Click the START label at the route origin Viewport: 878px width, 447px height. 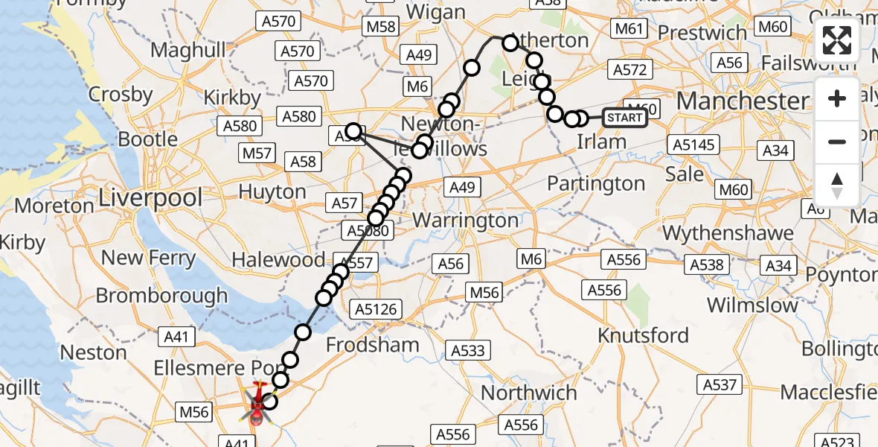point(624,118)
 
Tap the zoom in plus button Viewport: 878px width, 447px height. point(837,99)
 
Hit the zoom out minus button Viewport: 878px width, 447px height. point(837,142)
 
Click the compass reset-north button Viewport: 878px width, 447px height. point(837,185)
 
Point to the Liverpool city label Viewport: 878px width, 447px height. point(150,198)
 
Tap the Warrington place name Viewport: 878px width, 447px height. point(465,221)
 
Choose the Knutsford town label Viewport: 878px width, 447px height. point(644,335)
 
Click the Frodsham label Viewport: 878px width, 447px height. point(372,345)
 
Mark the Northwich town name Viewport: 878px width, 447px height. point(529,393)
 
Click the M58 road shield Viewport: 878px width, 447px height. point(380,28)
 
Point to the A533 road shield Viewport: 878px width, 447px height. point(467,350)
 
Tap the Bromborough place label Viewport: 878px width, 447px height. point(161,296)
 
